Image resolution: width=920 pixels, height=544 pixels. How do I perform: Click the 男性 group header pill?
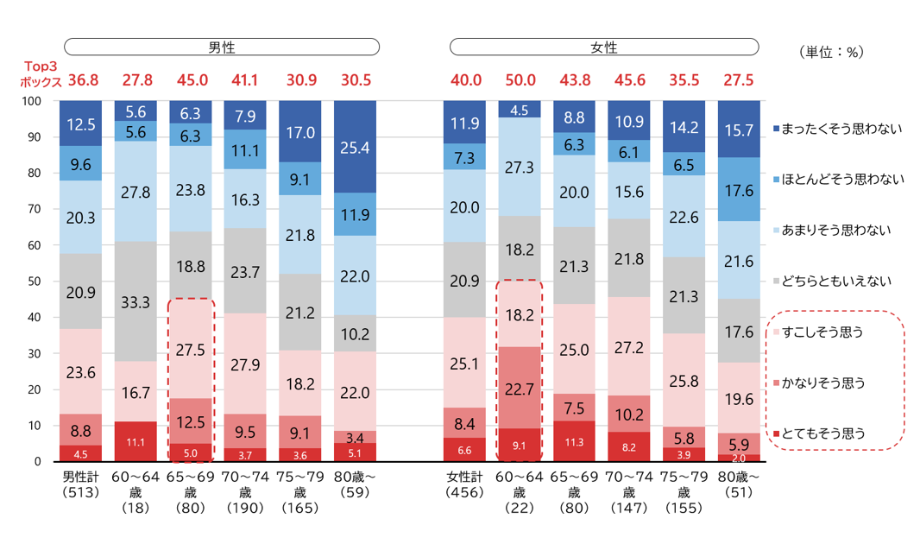click(222, 47)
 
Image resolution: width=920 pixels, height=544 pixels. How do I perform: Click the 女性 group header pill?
click(604, 47)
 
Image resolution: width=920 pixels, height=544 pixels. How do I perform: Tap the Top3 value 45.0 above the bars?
click(192, 79)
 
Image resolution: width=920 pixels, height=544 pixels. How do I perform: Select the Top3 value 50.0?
click(520, 79)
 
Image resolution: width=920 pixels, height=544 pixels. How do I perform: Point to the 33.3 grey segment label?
click(135, 302)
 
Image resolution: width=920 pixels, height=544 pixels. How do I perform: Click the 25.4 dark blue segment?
click(355, 147)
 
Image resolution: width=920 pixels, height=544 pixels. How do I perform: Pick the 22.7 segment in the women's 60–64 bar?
click(520, 388)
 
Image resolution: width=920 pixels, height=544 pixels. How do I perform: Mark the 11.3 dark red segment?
click(575, 441)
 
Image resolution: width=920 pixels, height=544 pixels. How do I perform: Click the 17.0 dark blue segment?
click(299, 131)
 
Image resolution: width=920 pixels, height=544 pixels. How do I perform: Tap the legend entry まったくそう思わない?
click(837, 129)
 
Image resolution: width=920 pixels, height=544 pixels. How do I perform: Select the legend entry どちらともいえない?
click(832, 281)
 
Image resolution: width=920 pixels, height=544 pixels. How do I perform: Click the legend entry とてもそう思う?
click(819, 433)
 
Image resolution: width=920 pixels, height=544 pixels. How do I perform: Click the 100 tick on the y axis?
click(32, 101)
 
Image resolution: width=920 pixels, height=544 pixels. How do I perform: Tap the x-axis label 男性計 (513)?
click(81, 484)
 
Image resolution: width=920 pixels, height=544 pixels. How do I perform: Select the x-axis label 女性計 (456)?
click(464, 484)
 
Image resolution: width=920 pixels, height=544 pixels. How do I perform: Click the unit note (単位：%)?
click(831, 52)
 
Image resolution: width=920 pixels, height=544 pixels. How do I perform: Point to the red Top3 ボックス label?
click(41, 74)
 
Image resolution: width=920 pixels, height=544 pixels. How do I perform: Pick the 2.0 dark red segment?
click(739, 459)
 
